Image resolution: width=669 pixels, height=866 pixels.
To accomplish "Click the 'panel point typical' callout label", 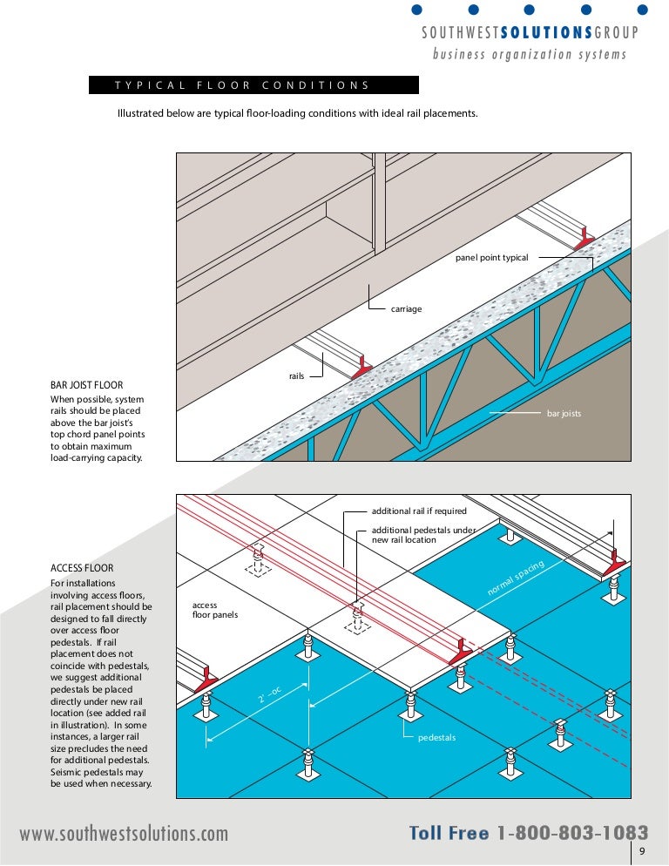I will coord(491,258).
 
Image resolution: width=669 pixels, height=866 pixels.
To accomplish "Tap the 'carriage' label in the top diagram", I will coord(406,309).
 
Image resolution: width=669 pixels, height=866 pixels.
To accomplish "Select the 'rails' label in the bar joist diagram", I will coord(296,376).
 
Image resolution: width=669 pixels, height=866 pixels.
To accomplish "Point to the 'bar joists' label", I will coord(564,413).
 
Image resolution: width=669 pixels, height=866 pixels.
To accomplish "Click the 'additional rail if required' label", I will coord(419,511).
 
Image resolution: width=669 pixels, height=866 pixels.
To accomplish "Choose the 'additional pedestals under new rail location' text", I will coord(423,535).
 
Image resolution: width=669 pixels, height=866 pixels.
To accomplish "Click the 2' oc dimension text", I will coord(270,694).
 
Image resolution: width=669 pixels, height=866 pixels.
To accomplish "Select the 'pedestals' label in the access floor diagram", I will coord(436,738).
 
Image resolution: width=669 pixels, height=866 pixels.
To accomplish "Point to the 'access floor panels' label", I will coord(215,610).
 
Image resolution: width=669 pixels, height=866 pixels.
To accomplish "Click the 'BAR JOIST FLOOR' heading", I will coord(87,384).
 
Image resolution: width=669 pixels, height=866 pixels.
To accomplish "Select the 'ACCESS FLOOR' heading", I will coord(82,568).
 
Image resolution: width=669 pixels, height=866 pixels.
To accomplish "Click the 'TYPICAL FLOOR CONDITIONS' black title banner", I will coord(253,85).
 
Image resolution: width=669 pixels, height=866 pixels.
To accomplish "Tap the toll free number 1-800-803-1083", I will coord(572,833).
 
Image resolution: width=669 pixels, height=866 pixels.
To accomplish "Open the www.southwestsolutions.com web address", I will coord(124,834).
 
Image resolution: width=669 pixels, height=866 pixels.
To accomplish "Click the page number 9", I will coord(641,852).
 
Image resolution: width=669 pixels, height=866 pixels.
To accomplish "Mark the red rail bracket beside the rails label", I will coord(361,369).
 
